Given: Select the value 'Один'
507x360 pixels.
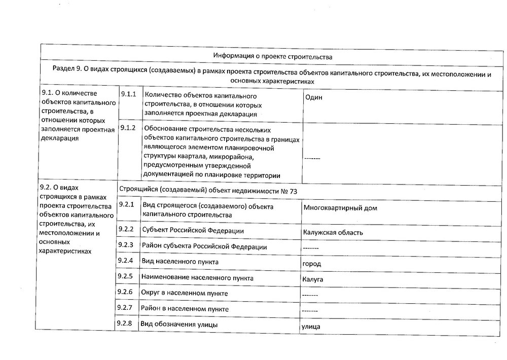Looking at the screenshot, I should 313,98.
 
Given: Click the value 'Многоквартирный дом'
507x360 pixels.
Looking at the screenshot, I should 340,208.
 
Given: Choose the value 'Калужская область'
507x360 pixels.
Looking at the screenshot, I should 333,233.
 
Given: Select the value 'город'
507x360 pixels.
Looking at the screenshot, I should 311,264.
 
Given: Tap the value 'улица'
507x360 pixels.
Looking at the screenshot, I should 311,327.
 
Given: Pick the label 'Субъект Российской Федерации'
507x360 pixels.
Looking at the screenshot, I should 193,231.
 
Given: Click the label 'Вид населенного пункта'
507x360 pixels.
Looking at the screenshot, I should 180,262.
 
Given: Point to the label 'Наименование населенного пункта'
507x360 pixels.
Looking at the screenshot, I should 197,278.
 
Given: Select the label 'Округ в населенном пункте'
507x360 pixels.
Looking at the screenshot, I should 185,293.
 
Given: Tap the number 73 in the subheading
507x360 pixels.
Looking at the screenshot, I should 293,190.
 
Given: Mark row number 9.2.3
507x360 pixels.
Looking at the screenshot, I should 125,245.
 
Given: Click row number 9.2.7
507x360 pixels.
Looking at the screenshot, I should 125,308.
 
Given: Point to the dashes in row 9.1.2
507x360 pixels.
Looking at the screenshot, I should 312,159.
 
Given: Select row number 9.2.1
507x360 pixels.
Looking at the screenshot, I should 125,204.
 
